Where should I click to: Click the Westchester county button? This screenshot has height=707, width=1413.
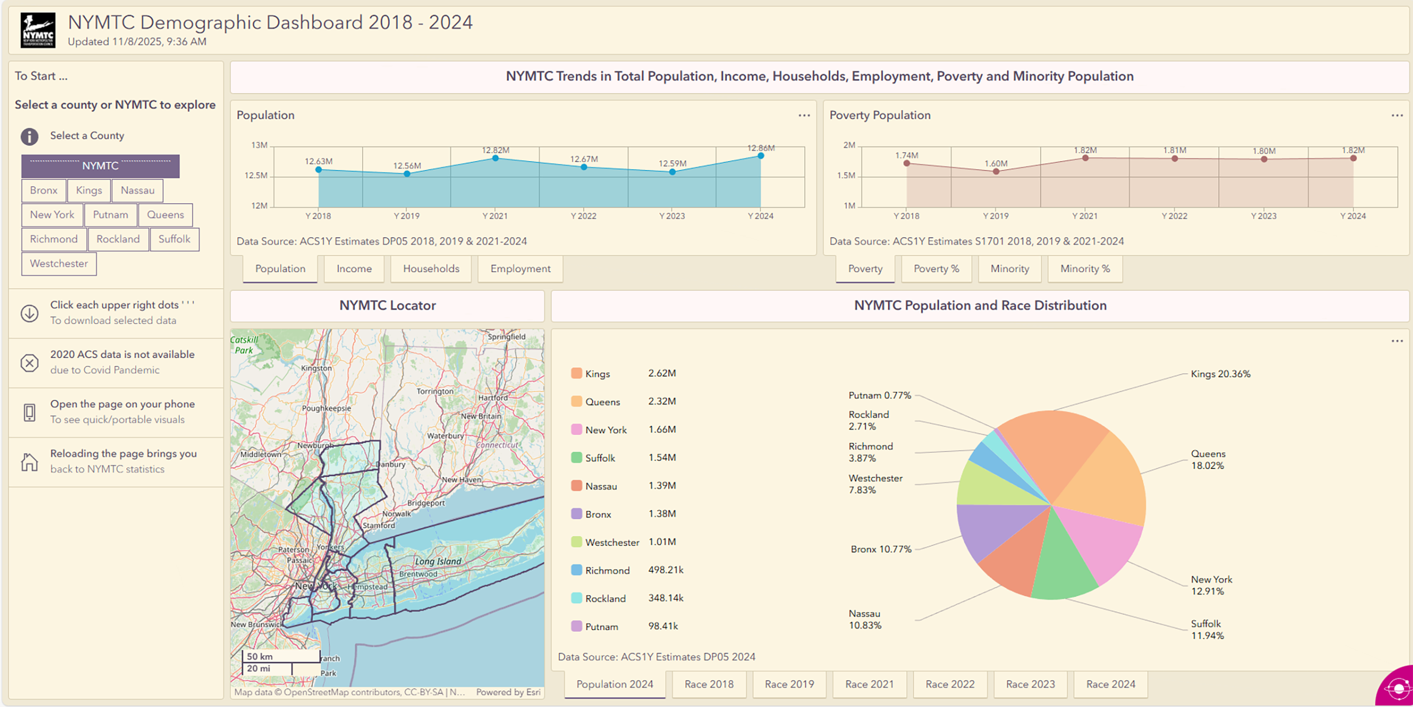coord(59,264)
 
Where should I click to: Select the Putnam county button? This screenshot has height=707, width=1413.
coord(110,215)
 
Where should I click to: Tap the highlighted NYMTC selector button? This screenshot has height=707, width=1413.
coord(100,166)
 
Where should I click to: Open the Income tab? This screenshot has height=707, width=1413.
coord(354,269)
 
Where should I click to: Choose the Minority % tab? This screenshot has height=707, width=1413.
coord(1084,269)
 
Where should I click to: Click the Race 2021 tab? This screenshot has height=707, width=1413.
coord(869,684)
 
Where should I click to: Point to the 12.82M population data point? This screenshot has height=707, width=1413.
coord(495,158)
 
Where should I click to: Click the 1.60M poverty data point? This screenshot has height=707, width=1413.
coord(996,171)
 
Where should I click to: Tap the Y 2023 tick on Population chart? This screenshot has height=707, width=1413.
coord(672,216)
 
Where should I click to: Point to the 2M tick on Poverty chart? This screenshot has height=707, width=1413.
coord(849,145)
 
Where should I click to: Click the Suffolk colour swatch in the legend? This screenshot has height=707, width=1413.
coord(576,457)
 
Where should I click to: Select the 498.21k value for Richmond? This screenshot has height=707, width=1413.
coord(665,570)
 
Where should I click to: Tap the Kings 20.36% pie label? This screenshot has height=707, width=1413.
coord(1220,374)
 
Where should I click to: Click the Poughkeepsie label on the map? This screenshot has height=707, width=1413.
coord(327,408)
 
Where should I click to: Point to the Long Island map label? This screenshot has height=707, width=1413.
coord(438,561)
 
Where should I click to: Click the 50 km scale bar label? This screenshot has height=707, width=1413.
coord(260,657)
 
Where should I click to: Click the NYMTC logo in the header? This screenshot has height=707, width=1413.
coord(38,30)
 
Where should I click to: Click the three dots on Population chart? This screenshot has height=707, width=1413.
coord(804,115)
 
